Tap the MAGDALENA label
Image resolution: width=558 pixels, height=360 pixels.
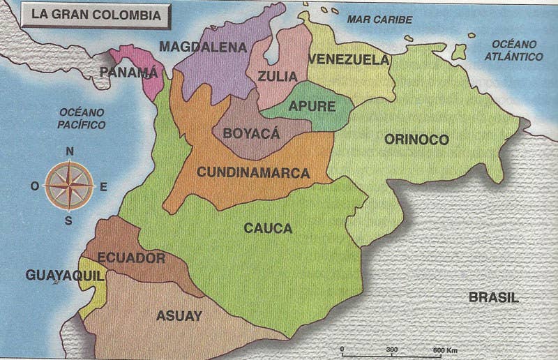203,47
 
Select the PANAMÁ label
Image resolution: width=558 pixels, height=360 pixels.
129,72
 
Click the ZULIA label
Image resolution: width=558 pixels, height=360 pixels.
277,76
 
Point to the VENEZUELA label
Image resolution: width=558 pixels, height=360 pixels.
348,59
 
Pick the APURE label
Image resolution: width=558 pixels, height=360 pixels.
312,107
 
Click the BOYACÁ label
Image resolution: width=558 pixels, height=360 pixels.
250,133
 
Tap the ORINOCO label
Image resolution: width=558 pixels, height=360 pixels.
416,140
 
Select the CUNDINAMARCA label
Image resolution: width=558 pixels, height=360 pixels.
253,172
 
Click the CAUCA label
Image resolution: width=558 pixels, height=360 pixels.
268,228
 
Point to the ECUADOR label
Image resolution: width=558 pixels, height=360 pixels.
131,258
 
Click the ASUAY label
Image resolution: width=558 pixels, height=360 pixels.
179,315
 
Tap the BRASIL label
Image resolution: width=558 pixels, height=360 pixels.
494,297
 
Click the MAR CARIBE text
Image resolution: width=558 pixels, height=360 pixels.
379,20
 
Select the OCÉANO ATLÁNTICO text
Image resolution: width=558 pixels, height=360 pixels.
514,50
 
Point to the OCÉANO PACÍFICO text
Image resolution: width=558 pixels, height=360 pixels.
82,119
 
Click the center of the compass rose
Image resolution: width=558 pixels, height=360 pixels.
69,186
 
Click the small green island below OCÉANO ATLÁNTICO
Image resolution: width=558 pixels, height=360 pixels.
458,52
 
